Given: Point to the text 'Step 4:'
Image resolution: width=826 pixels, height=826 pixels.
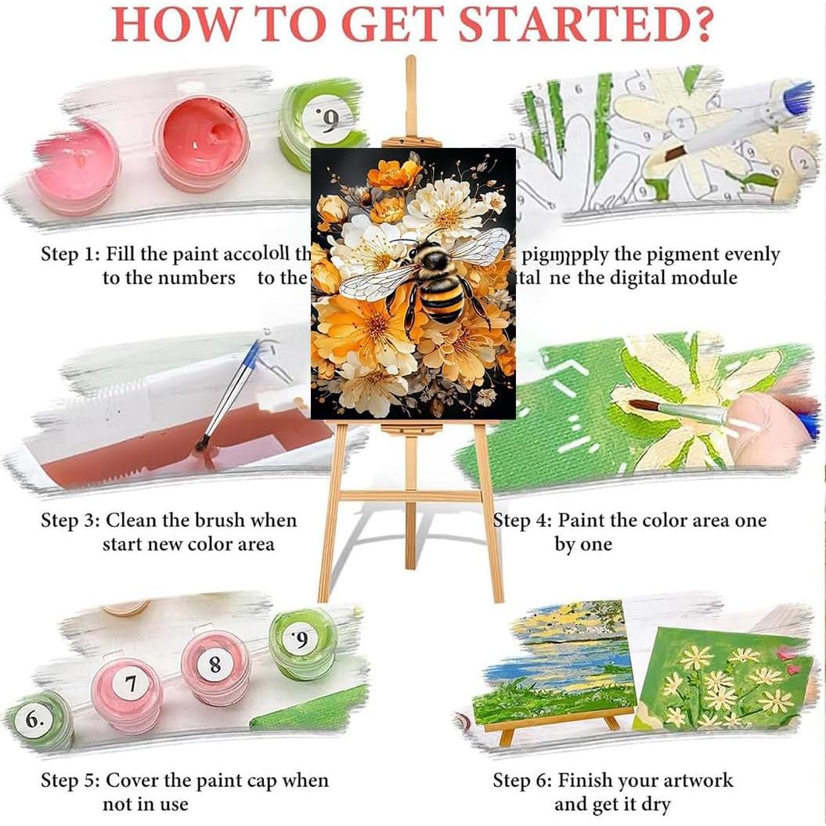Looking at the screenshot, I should (521, 521).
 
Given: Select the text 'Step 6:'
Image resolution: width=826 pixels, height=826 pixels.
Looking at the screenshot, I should (521, 781).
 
